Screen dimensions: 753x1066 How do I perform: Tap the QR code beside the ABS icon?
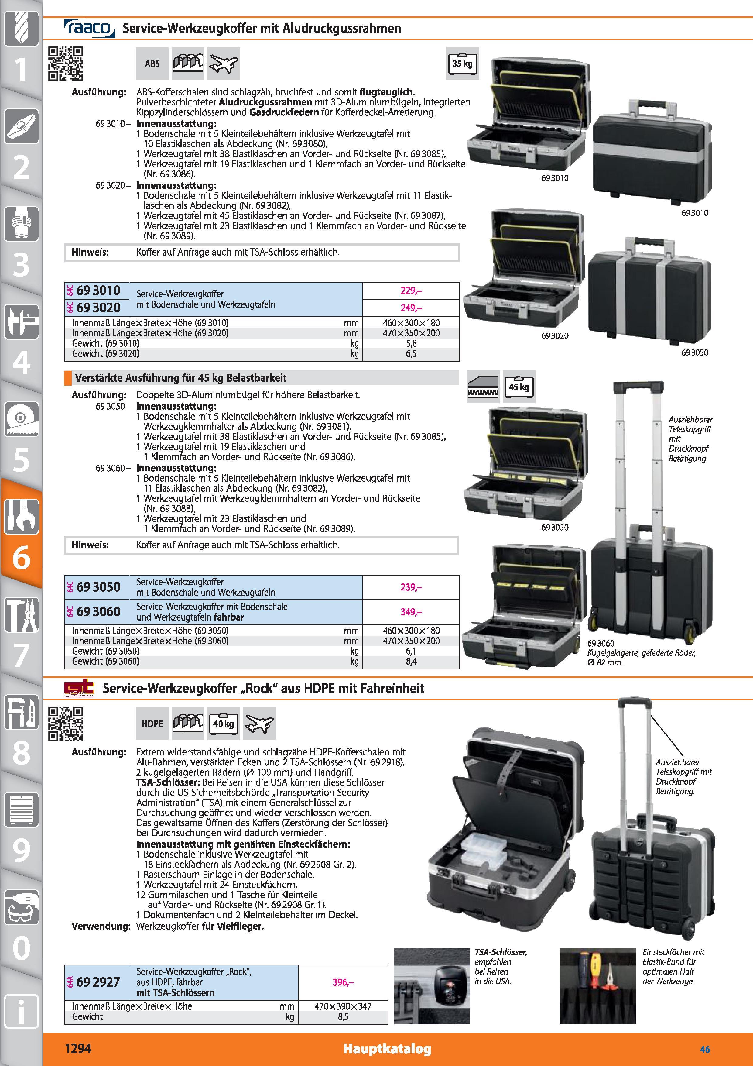pyautogui.click(x=66, y=64)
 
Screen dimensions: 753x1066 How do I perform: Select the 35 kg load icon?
pyautogui.click(x=462, y=63)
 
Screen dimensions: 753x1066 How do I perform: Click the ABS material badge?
pyautogui.click(x=152, y=64)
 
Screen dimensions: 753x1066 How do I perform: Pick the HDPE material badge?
pyautogui.click(x=152, y=724)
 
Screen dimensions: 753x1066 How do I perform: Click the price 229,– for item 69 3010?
pyautogui.click(x=411, y=291)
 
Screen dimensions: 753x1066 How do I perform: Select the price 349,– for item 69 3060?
pyautogui.click(x=411, y=612)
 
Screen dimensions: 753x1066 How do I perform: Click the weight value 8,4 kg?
pyautogui.click(x=411, y=661)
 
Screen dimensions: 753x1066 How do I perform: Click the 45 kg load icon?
pyautogui.click(x=519, y=387)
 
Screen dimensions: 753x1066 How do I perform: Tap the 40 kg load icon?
pyautogui.click(x=223, y=724)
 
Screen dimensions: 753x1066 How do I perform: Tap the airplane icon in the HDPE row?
pyautogui.click(x=259, y=724)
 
